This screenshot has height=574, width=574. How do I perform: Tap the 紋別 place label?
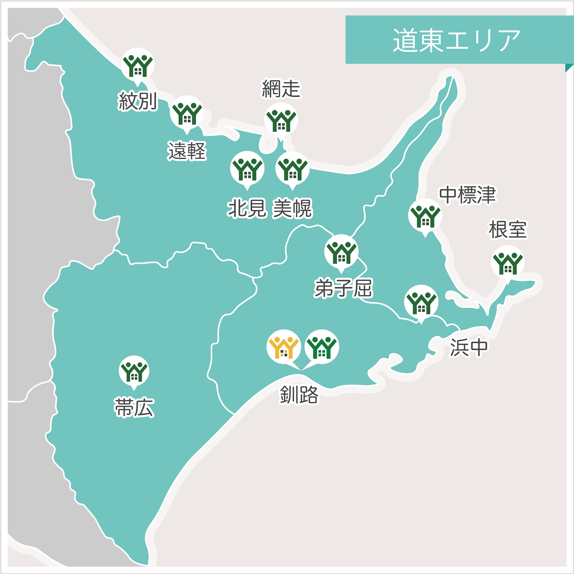tap(137, 101)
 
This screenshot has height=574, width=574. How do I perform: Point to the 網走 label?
tap(281, 88)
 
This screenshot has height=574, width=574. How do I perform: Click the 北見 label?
tap(247, 208)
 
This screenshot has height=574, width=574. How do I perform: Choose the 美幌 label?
tap(293, 208)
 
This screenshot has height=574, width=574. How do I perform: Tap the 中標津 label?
tap(467, 195)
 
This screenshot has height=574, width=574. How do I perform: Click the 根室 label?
tap(508, 229)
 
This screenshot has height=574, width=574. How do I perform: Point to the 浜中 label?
tap(469, 347)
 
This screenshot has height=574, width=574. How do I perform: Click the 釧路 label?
tap(299, 395)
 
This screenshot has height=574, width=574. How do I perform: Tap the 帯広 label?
tap(134, 407)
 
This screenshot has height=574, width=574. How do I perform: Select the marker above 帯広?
tap(134, 371)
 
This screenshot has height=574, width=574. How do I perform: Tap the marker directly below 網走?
tap(281, 120)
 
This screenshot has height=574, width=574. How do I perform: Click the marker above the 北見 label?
tap(247, 168)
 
